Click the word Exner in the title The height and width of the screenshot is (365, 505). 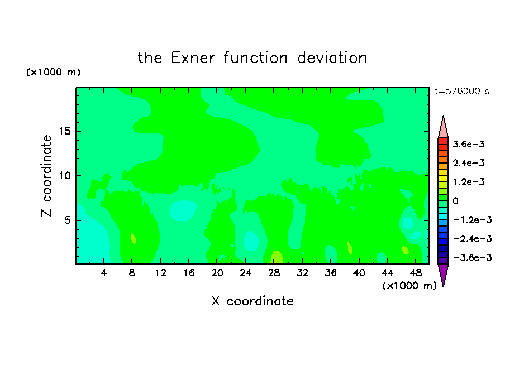tap(193, 58)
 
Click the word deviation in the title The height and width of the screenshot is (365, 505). tap(332, 58)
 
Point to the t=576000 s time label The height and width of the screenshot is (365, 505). tap(462, 91)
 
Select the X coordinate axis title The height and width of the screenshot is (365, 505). tap(252, 301)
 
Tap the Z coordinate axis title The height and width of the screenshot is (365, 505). tap(46, 175)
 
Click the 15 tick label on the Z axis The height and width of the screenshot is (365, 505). tap(65, 131)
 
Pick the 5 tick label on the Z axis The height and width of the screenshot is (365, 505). tap(68, 220)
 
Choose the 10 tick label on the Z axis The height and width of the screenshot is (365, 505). tap(65, 175)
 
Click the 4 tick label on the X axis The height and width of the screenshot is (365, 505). tap(103, 273)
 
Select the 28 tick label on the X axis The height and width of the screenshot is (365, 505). tap(274, 273)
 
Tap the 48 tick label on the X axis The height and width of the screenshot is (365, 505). tap(416, 273)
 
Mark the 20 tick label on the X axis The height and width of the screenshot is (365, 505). tap(217, 273)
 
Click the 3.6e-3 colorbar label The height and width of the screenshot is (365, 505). tap(469, 144)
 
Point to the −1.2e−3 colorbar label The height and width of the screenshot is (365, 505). tap(472, 220)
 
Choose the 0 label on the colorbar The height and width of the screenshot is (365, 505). tap(455, 201)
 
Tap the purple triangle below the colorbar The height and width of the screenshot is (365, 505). tap(443, 275)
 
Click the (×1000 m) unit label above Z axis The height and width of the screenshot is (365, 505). tap(53, 72)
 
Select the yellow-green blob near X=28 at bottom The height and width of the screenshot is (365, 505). tap(277, 257)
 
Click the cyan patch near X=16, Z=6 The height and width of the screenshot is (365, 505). tap(183, 210)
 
